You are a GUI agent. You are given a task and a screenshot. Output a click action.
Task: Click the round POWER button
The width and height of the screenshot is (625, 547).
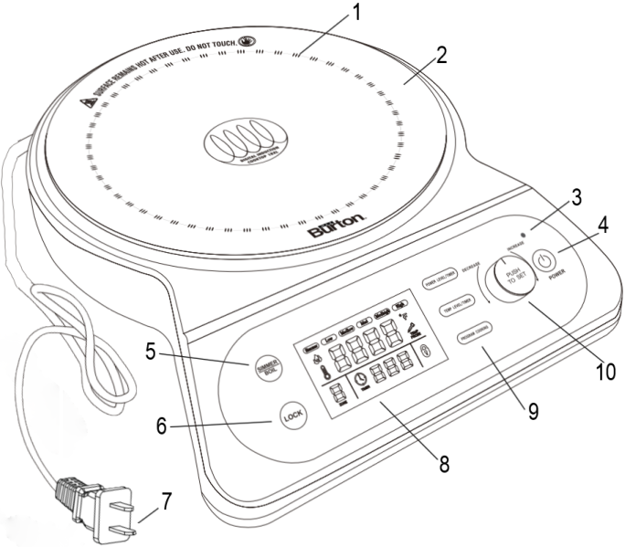pyautogui.click(x=545, y=261)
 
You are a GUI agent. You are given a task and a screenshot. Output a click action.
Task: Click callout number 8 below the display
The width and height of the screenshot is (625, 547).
pyautogui.click(x=444, y=463)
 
